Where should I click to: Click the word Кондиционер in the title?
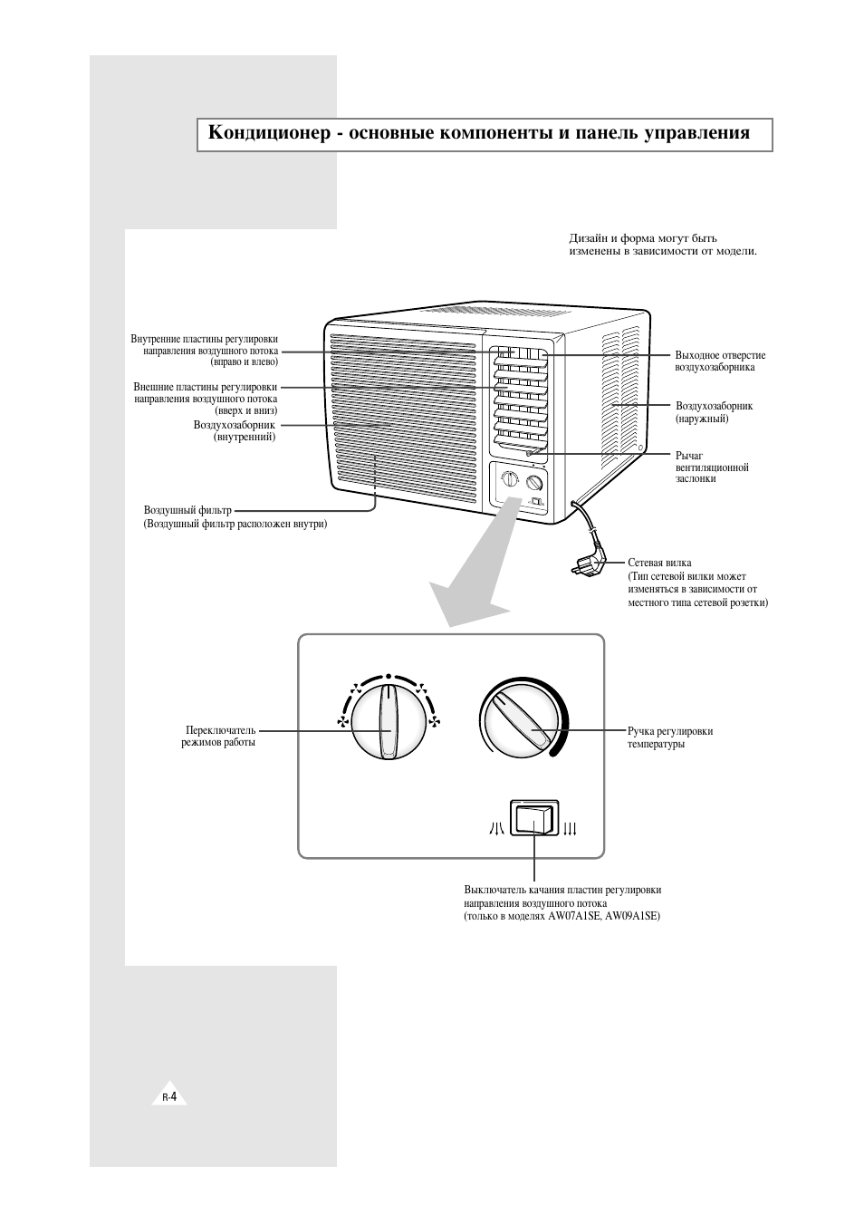[270, 133]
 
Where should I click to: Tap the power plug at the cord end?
[590, 564]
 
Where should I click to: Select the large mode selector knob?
[389, 725]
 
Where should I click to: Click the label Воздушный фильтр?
[187, 510]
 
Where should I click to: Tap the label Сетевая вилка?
[659, 563]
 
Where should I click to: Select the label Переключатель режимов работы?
[218, 736]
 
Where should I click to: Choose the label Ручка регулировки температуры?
[670, 737]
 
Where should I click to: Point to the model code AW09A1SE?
[632, 916]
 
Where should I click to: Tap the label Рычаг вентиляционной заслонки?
[712, 467]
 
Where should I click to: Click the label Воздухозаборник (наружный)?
[714, 412]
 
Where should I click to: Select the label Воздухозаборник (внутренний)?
[235, 430]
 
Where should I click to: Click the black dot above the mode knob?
[389, 676]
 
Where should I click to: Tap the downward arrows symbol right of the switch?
[570, 828]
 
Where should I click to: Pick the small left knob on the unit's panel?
[510, 479]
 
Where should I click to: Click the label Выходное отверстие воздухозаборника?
[720, 361]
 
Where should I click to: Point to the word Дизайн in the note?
[588, 238]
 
